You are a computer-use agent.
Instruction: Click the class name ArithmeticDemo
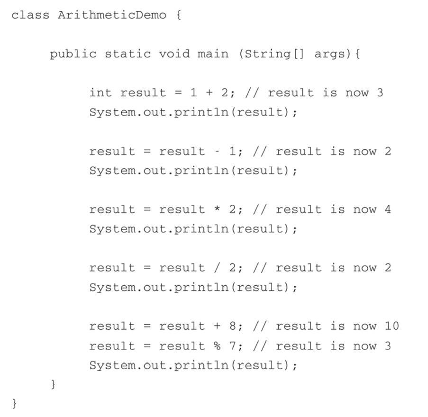coord(112,15)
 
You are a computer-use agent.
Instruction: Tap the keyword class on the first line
coord(30,15)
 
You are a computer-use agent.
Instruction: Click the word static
coord(128,54)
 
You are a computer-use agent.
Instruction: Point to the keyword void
coord(174,54)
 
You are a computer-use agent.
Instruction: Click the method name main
coord(213,54)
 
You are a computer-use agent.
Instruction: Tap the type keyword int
coord(101,92)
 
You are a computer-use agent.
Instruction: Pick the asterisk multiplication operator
coord(217,209)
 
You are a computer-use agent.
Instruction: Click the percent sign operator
coord(217,346)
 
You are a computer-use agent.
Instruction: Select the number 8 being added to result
coord(233,326)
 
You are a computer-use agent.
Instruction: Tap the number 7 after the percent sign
coord(233,346)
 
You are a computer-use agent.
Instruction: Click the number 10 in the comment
coord(392,326)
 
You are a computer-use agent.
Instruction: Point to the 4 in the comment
coord(388,209)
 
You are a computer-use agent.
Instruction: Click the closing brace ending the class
coord(15,403)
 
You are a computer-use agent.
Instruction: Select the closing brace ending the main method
coord(53,384)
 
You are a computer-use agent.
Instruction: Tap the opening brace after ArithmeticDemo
coord(178,15)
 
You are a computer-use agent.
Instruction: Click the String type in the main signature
coord(267,54)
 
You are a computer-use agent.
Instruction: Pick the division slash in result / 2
coord(217,268)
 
